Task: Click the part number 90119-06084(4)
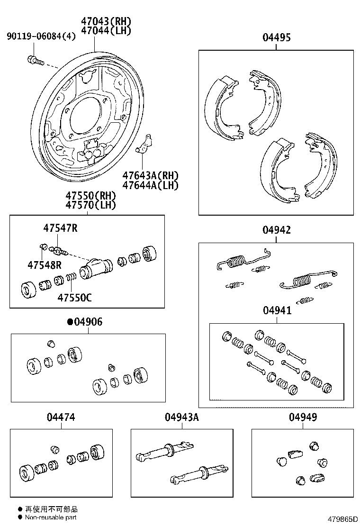coord(41,36)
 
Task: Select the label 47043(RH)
coord(106,21)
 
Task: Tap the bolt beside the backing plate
coord(35,60)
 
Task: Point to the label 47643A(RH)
coord(150,176)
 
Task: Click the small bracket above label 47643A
coord(145,145)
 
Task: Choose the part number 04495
coord(277,38)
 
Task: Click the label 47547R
coord(60,228)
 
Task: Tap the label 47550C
coord(75,298)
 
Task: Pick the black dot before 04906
coord(70,322)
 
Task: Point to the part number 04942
coord(277,230)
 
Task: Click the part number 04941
coord(277,310)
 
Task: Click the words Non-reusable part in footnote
coord(51,518)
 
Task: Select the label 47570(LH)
coord(91,205)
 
